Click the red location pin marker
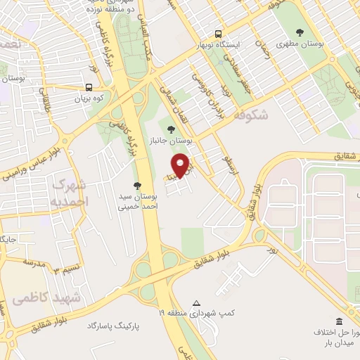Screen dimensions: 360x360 [x=181, y=165]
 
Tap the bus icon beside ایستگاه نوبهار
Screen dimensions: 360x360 [x=219, y=34]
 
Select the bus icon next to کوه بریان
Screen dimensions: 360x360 [x=89, y=88]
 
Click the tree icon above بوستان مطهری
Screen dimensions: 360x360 [x=300, y=32]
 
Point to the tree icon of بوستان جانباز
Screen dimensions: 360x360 [x=172, y=128]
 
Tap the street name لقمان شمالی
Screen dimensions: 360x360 [x=171, y=102]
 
